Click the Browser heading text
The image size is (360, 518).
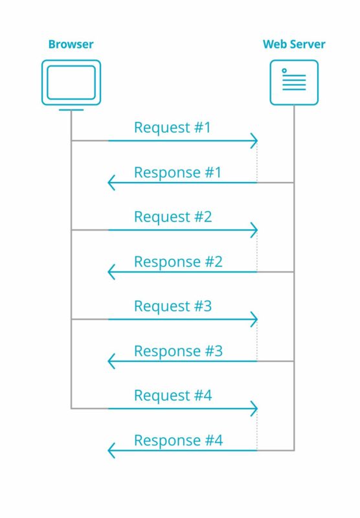pyautogui.click(x=71, y=44)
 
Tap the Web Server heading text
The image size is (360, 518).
pyautogui.click(x=294, y=44)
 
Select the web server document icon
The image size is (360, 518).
pyautogui.click(x=294, y=83)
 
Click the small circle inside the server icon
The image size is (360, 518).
pyautogui.click(x=284, y=71)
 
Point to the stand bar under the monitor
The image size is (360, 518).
pyautogui.click(x=71, y=109)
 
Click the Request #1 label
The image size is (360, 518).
pyautogui.click(x=172, y=128)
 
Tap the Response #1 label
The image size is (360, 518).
pyautogui.click(x=177, y=173)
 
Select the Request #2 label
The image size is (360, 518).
pyautogui.click(x=173, y=217)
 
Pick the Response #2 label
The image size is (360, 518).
pyautogui.click(x=178, y=262)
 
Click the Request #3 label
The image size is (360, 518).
pyautogui.click(x=173, y=306)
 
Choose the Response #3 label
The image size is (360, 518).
pyautogui.click(x=178, y=351)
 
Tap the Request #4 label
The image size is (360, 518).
pyautogui.click(x=173, y=396)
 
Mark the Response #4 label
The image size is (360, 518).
pyautogui.click(x=178, y=441)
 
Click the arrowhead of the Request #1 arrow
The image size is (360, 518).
pyautogui.click(x=254, y=141)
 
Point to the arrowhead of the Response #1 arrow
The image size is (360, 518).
pyautogui.click(x=111, y=183)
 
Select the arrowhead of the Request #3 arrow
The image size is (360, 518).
pyautogui.click(x=254, y=319)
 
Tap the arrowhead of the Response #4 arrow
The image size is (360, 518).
pyautogui.click(x=111, y=450)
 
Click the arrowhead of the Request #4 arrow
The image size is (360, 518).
pyautogui.click(x=254, y=409)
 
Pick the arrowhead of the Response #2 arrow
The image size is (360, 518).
pyautogui.click(x=111, y=272)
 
